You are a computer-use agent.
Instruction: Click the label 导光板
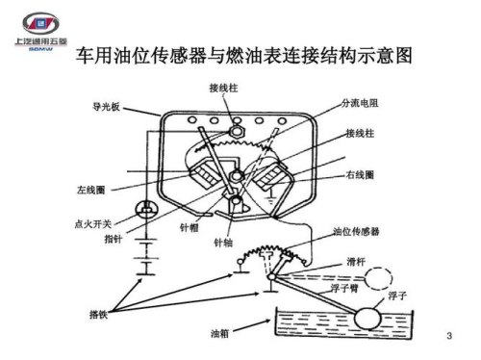coord(104,108)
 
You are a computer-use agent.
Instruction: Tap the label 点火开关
coord(91,222)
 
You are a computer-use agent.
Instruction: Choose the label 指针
coord(112,238)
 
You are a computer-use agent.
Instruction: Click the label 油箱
coord(218,334)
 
